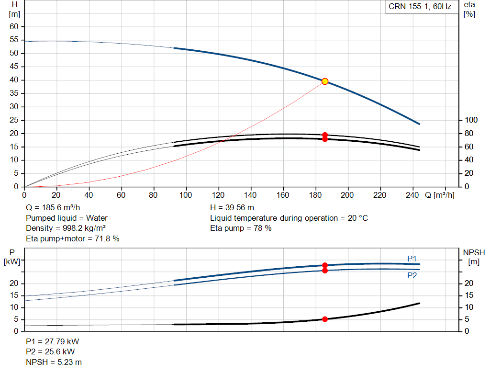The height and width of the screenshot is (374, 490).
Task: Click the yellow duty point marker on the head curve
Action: [x=325, y=81]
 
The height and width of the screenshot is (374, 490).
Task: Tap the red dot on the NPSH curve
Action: [x=325, y=319]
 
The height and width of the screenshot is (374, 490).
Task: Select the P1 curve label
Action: [x=412, y=259]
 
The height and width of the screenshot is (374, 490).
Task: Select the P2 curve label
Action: [x=412, y=275]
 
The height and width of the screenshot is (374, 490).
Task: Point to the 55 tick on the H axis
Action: [x=14, y=40]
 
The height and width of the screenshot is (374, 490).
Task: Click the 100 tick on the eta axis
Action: [x=471, y=120]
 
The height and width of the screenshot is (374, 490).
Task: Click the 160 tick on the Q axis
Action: [x=283, y=195]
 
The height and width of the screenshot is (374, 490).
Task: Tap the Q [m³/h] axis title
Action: [x=440, y=195]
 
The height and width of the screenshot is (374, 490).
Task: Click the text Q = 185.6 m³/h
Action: [x=53, y=208]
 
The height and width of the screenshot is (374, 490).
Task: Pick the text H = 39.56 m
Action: [x=232, y=208]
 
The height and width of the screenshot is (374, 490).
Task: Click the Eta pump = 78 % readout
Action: [x=241, y=228]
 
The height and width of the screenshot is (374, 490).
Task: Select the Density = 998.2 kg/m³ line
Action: [x=66, y=228]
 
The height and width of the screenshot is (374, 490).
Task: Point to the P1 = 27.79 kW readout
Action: [x=53, y=341]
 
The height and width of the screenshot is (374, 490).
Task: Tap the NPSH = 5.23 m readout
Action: [x=54, y=362]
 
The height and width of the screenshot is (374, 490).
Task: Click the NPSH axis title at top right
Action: [x=474, y=257]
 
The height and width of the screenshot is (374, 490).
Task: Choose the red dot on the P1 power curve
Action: [x=325, y=265]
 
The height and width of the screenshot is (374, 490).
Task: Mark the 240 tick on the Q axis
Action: [x=412, y=195]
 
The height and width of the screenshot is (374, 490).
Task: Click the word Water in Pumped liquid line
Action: [x=97, y=218]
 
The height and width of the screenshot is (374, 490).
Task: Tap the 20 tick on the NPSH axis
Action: [x=469, y=283]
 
